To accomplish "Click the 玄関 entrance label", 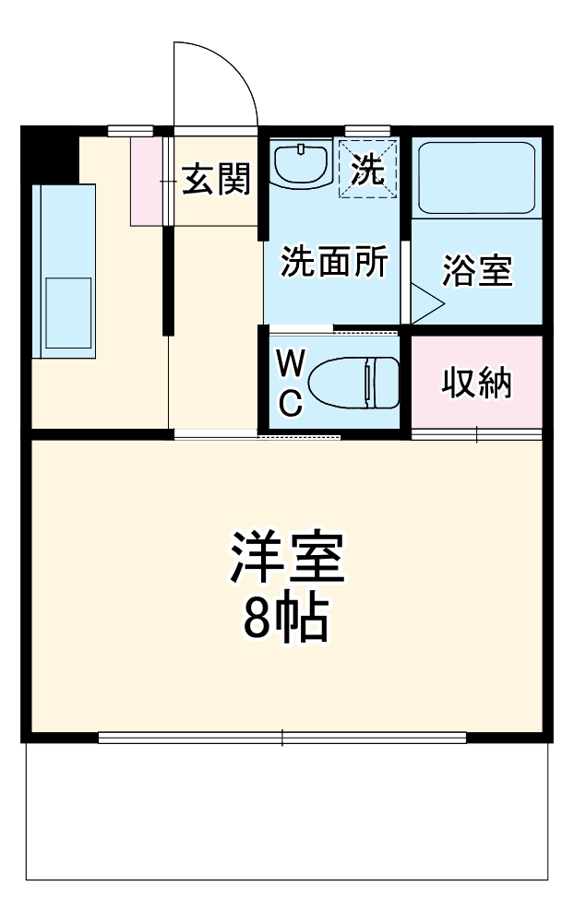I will (x=216, y=179).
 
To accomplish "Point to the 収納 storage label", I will (x=476, y=383).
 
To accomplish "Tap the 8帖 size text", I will (x=286, y=621).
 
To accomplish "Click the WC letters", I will (x=290, y=384).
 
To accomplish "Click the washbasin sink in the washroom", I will (x=303, y=164).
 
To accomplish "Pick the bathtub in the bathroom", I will (x=476, y=177).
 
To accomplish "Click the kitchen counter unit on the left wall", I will (x=64, y=269).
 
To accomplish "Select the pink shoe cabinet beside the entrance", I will (x=146, y=181).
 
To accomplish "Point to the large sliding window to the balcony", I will (x=282, y=737).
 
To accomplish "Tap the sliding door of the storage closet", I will (x=476, y=433).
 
